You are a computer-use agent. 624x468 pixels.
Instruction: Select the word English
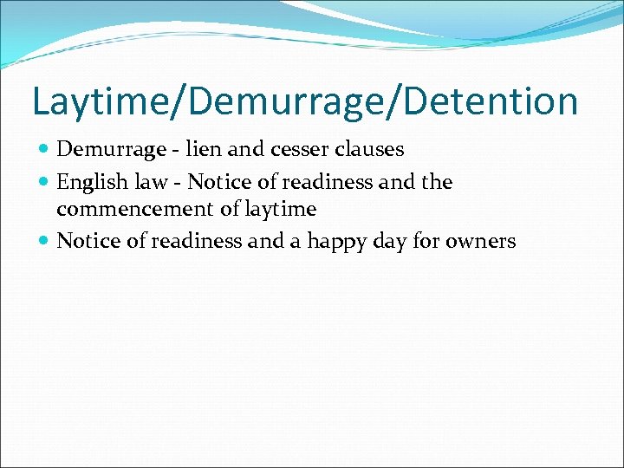coord(90,182)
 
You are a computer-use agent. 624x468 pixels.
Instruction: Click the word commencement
coord(127,209)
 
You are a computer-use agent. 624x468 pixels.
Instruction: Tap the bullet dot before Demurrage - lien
coord(44,150)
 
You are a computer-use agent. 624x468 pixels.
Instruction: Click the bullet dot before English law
coord(44,183)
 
